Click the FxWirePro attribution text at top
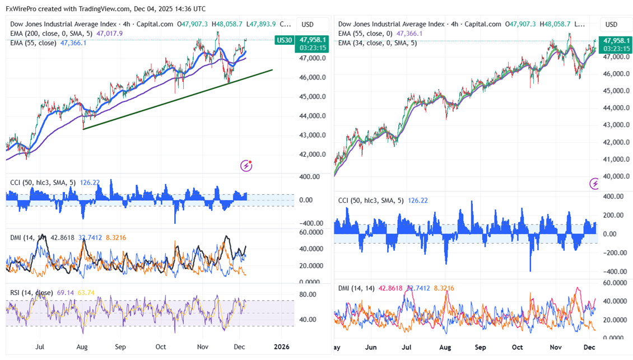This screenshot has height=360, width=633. tap(105, 9)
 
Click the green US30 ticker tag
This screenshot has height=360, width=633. tap(284, 40)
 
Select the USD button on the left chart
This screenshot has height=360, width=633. tap(308, 24)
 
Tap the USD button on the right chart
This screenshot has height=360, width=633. tap(611, 24)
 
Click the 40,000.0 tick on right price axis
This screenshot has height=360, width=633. tap(614, 176)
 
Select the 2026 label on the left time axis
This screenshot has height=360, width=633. tap(281, 347)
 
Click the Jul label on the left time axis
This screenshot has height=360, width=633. tap(40, 347)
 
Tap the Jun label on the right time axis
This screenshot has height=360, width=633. tap(370, 347)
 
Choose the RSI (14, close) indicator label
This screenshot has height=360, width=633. tap(31, 293)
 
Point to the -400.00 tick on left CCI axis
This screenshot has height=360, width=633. tap(309, 222)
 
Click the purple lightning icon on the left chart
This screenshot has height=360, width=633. tap(246, 165)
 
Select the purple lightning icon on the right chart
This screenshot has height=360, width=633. tap(594, 184)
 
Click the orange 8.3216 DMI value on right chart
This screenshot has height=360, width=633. tap(443, 288)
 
